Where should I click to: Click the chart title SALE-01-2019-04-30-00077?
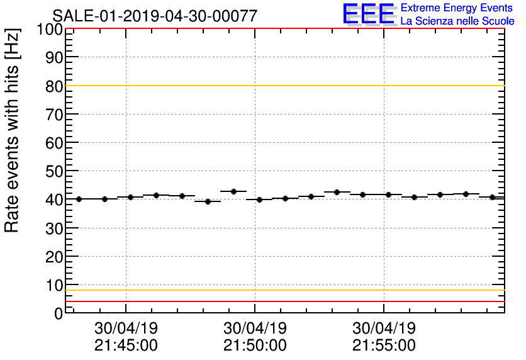[155, 16]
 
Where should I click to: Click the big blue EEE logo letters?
[369, 14]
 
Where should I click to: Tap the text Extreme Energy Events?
[457, 8]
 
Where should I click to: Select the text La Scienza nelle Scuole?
[457, 21]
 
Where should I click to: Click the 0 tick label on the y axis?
[57, 313]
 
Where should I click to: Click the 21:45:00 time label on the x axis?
[126, 346]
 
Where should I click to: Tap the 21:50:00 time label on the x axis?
[255, 346]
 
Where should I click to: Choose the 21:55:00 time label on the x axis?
[384, 346]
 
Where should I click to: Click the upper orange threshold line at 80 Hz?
[283, 86]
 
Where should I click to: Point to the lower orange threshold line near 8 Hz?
[283, 290]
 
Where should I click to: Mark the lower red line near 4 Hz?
[283, 301]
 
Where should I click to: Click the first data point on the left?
[79, 199]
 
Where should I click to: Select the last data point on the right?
[491, 197]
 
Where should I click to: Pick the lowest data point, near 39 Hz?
[208, 201]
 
